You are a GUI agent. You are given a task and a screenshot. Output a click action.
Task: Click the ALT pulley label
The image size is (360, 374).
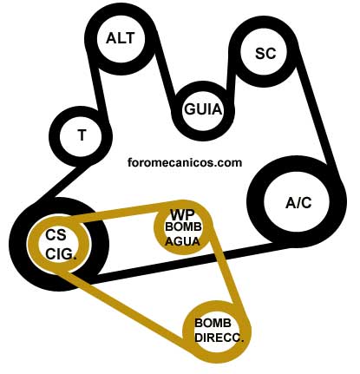click(x=121, y=38)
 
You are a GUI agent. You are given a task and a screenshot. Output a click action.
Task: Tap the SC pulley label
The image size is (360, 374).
click(x=265, y=53)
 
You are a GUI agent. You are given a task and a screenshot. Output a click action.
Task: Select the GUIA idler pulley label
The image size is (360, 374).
click(x=203, y=109)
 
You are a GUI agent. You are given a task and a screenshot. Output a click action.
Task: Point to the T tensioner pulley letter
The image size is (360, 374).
click(x=82, y=135)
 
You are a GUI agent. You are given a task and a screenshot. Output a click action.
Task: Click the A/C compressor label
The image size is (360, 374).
click(x=298, y=202)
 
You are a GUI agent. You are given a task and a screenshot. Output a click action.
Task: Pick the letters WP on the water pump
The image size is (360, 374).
click(x=183, y=215)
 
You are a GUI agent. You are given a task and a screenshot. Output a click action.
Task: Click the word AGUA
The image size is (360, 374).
click(x=182, y=241)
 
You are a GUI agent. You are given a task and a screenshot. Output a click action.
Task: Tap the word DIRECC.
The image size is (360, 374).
click(x=219, y=338)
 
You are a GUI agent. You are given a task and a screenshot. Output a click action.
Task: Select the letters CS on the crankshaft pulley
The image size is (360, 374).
click(x=56, y=234)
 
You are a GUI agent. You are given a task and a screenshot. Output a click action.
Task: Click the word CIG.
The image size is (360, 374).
click(x=61, y=253)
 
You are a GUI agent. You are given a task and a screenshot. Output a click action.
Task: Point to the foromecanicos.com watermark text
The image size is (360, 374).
click(x=185, y=162)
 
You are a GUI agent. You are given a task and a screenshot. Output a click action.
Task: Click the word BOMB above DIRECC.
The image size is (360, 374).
click(x=213, y=323)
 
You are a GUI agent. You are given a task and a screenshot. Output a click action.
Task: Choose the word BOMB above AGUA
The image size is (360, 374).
click(x=183, y=226)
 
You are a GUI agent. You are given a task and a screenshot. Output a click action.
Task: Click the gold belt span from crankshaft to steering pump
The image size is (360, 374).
click(x=123, y=306)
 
